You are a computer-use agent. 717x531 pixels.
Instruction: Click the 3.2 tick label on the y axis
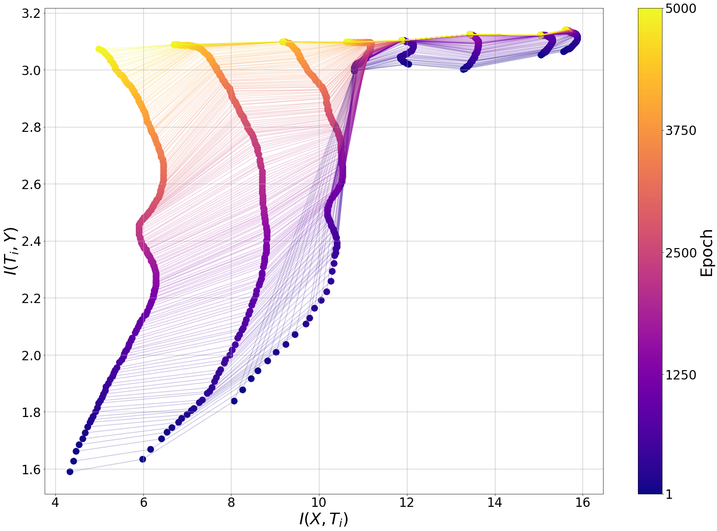pyautogui.click(x=31, y=13)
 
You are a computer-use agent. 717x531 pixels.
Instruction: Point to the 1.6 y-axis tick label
pyautogui.click(x=31, y=469)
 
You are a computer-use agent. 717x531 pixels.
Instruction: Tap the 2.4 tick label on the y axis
pyautogui.click(x=31, y=241)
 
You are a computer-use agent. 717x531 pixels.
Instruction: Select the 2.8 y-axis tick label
pyautogui.click(x=31, y=127)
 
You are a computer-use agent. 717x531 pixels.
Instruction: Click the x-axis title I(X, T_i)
pyautogui.click(x=323, y=519)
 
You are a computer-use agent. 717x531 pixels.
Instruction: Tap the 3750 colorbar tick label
pyautogui.click(x=681, y=131)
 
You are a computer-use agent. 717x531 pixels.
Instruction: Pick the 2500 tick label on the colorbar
pyautogui.click(x=681, y=253)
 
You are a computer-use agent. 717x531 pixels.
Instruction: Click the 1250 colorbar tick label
pyautogui.click(x=681, y=375)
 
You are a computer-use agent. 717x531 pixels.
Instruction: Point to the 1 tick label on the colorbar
pyautogui.click(x=669, y=494)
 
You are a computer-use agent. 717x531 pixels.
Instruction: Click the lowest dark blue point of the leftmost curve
pyautogui.click(x=70, y=472)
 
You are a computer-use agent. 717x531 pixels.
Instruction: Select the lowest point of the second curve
pyautogui.click(x=143, y=459)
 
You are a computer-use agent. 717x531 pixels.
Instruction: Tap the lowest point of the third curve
pyautogui.click(x=234, y=401)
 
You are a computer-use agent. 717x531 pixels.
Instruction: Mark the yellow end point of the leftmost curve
pyautogui.click(x=99, y=49)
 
